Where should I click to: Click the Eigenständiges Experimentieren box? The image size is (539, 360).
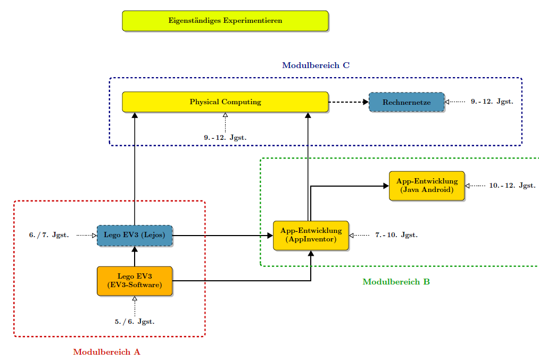click(x=225, y=21)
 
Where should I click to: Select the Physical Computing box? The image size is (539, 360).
click(x=225, y=102)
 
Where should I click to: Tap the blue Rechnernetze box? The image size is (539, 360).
click(x=407, y=102)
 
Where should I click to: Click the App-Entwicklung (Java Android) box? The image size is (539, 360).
click(x=427, y=186)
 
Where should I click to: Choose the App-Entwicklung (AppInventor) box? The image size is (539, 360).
click(x=311, y=235)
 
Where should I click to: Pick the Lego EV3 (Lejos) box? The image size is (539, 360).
click(x=135, y=235)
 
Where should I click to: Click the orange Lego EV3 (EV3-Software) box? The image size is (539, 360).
click(x=135, y=281)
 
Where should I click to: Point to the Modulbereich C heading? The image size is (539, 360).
click(x=316, y=65)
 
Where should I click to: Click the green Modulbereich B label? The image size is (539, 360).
click(x=396, y=282)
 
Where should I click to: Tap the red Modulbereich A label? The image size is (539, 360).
click(x=106, y=352)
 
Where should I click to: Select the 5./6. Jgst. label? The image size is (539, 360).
click(x=135, y=322)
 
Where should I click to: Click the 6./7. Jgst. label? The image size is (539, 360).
click(x=49, y=235)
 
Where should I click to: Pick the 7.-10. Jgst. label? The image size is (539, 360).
click(x=396, y=235)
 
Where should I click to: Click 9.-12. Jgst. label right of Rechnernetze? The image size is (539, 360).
click(x=492, y=102)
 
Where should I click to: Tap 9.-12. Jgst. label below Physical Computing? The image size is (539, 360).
click(x=225, y=137)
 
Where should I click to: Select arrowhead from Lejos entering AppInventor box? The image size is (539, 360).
click(x=270, y=235)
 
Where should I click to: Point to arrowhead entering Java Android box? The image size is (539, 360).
click(x=386, y=186)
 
